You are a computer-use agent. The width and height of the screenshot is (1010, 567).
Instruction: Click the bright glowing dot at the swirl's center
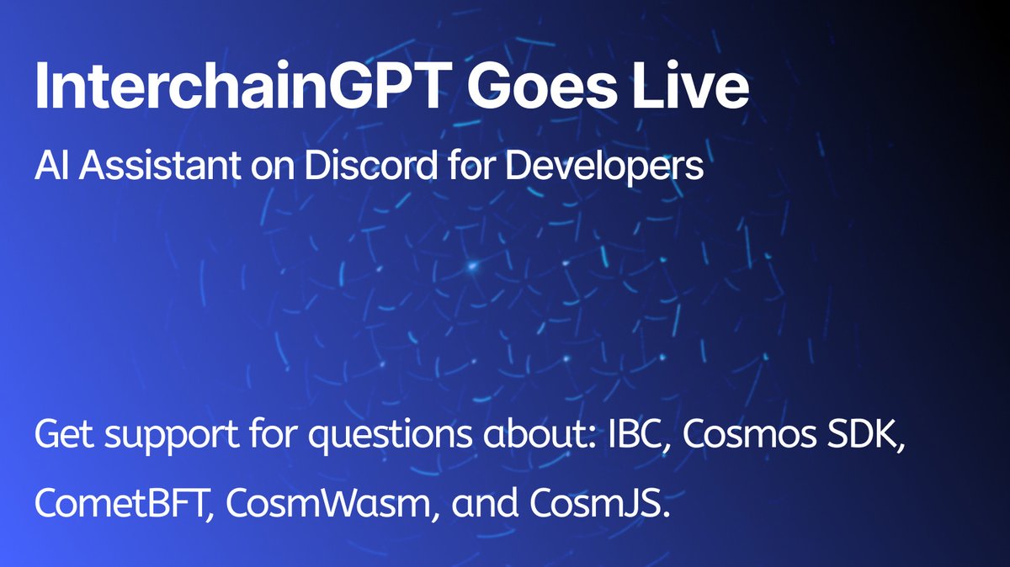(x=472, y=267)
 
